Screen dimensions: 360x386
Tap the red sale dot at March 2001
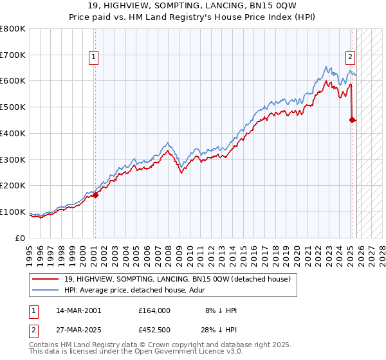pyautogui.click(x=95, y=195)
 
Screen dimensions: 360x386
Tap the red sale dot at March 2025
pyautogui.click(x=353, y=119)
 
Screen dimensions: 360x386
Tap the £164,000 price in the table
pyautogui.click(x=154, y=310)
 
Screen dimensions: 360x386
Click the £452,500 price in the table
pyautogui.click(x=154, y=330)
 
